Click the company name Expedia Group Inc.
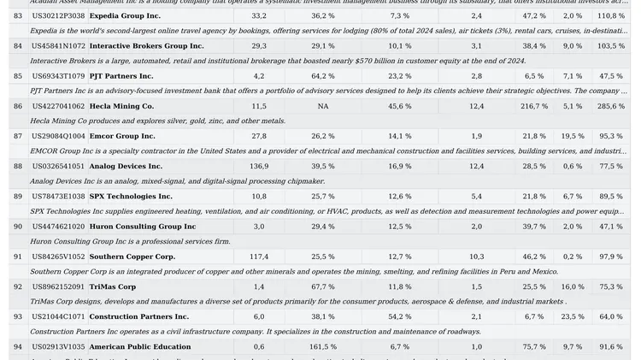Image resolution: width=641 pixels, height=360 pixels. [125, 16]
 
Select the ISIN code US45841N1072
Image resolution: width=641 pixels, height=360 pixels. [58, 46]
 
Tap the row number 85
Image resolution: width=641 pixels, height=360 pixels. [18, 76]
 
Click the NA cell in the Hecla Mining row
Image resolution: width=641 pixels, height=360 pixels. [322, 106]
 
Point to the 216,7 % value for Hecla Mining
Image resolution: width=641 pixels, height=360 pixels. [534, 106]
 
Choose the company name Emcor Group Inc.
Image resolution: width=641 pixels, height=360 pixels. [122, 136]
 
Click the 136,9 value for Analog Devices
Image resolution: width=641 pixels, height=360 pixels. [259, 166]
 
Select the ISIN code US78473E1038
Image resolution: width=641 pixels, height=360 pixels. [58, 197]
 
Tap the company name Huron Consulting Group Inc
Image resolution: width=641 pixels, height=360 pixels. [143, 227]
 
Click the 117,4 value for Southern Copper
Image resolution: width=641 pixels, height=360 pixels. [259, 257]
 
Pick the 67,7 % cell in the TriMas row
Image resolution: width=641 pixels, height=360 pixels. [323, 287]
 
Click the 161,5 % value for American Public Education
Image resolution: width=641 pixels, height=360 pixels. [323, 347]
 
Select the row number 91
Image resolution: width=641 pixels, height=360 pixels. [18, 257]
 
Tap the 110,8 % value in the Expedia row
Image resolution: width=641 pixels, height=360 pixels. [611, 16]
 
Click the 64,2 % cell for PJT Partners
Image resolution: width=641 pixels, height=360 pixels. [323, 76]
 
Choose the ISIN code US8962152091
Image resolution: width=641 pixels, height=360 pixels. [58, 287]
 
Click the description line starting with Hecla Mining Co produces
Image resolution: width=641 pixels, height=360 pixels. [158, 121]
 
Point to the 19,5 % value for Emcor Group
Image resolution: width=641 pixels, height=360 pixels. [573, 136]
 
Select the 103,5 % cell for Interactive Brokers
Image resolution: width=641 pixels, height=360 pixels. [611, 46]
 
